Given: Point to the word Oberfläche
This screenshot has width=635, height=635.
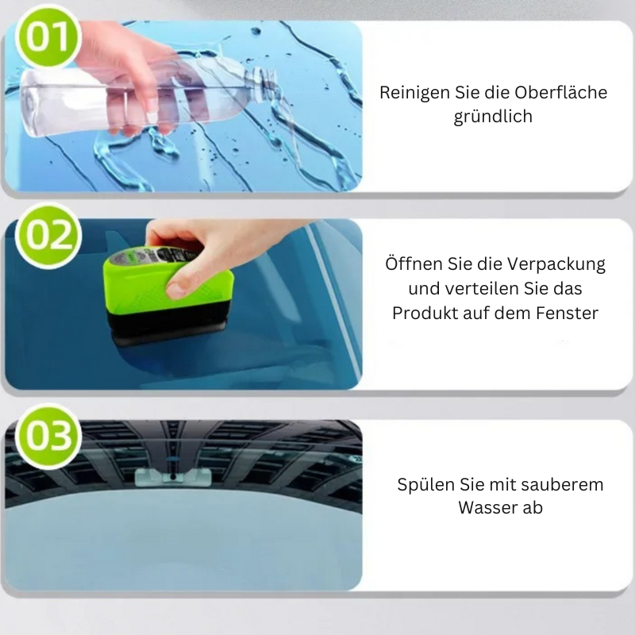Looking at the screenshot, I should pyautogui.click(x=565, y=93).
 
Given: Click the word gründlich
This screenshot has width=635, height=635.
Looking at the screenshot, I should pyautogui.click(x=493, y=117).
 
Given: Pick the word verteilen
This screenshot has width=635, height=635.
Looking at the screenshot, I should pyautogui.click(x=472, y=289).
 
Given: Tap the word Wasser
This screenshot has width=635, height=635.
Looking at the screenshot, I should pyautogui.click(x=488, y=509).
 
